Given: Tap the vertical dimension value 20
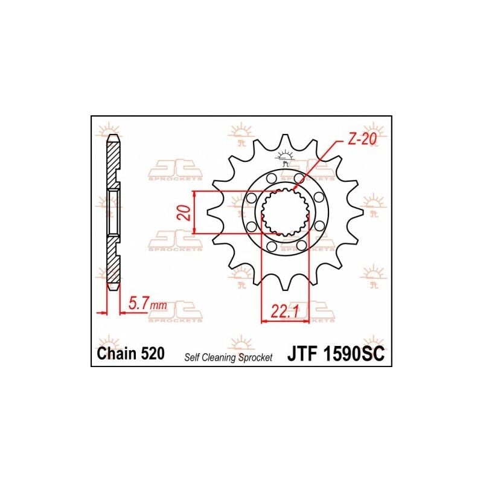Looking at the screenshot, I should pos(186,213).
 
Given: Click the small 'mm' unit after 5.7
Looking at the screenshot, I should pos(159,307).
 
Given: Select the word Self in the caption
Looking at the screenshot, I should pos(192,357).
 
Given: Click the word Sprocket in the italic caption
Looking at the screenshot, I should pos(257,357).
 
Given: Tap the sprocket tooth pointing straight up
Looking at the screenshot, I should pos(284,144).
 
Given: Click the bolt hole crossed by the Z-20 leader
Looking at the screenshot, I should pos(299,179).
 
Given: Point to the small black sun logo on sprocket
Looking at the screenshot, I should pos(284,159).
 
